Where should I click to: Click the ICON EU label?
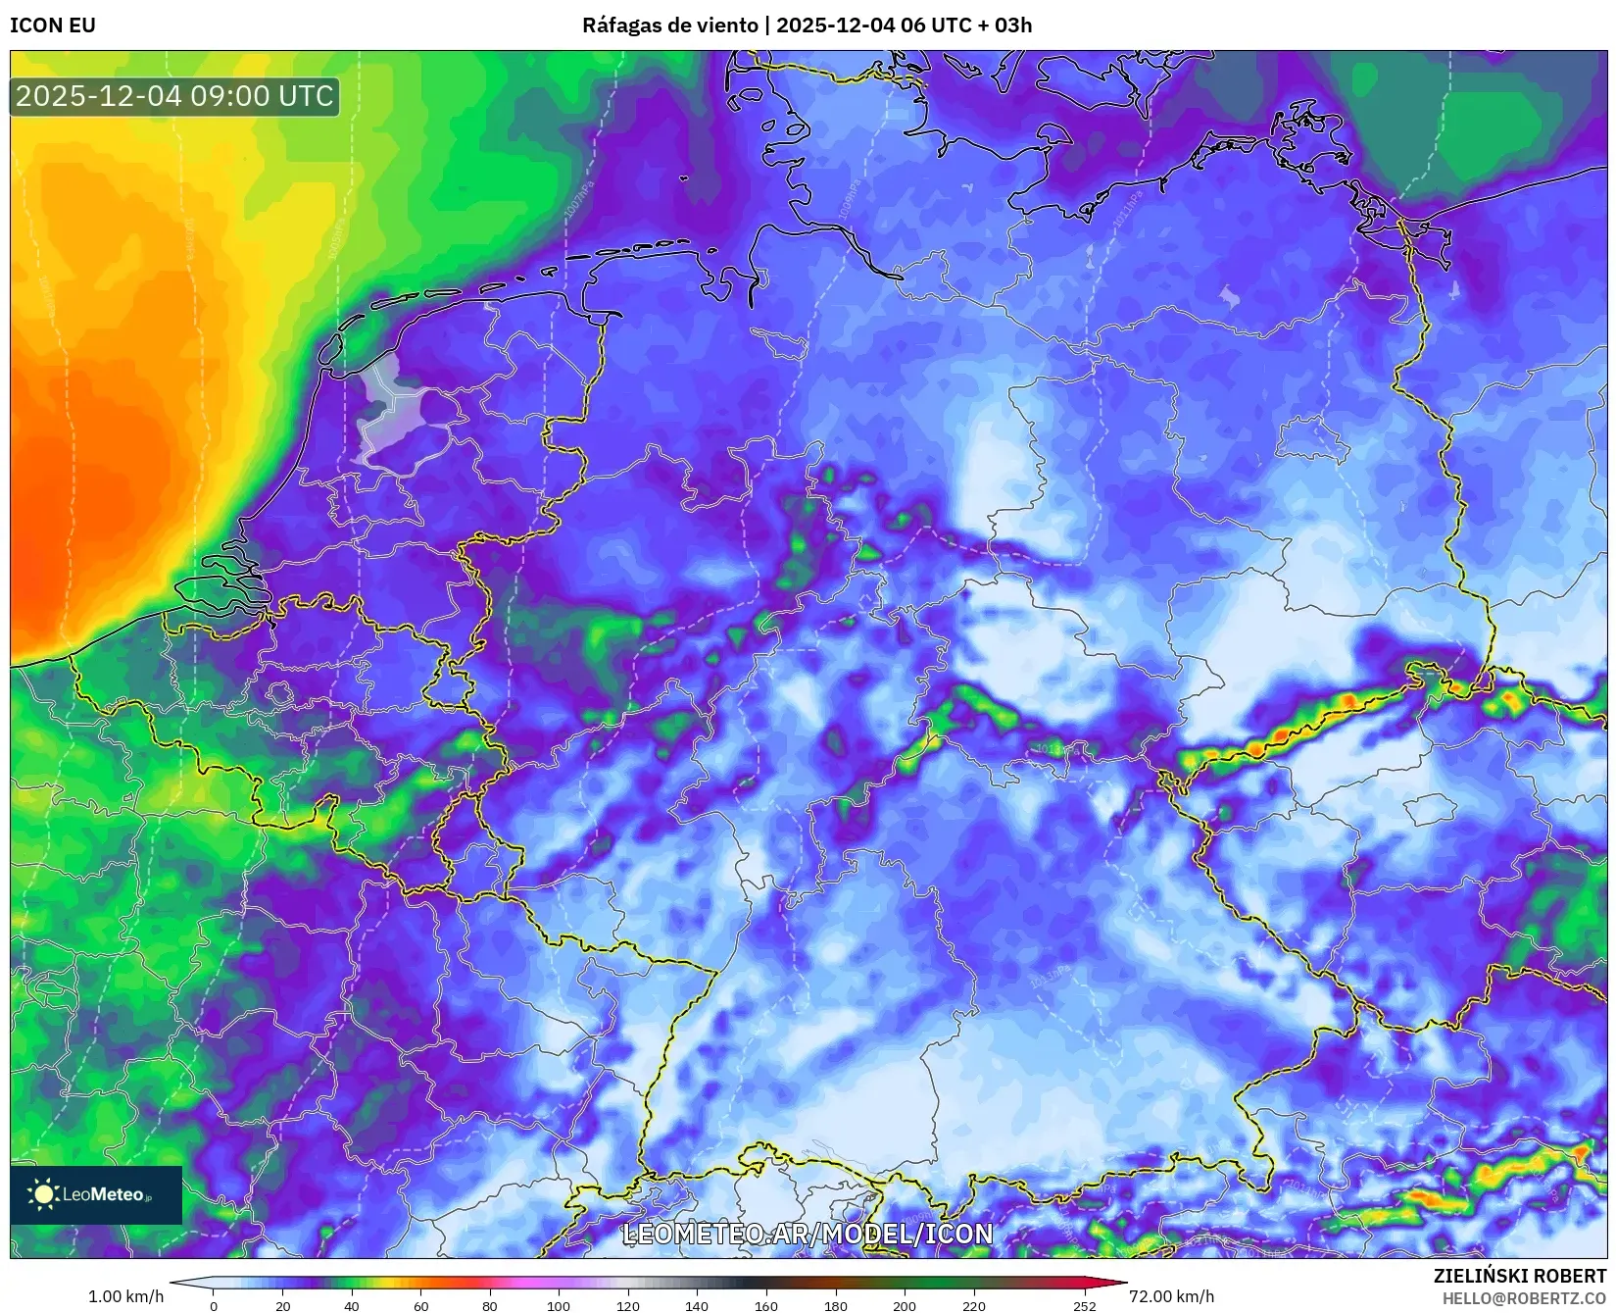tap(53, 25)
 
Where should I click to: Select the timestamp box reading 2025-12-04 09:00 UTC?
tap(174, 96)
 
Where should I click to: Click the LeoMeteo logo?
tap(96, 1194)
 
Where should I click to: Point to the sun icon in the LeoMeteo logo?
tap(43, 1194)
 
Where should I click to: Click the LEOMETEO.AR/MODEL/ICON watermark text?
tap(808, 1234)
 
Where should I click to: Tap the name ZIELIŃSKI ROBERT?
tap(1520, 1276)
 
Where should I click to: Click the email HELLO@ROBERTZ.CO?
tap(1524, 1298)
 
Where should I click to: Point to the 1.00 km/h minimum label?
tap(126, 1296)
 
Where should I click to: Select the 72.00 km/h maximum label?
tap(1171, 1296)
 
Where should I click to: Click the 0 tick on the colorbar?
tap(214, 1305)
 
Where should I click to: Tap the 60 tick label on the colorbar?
tap(421, 1305)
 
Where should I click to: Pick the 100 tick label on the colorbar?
tap(559, 1305)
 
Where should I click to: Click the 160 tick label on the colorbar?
tap(766, 1305)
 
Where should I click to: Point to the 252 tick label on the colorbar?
tap(1084, 1305)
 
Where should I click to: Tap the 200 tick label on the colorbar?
tap(905, 1305)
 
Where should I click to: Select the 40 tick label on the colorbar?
tap(352, 1305)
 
